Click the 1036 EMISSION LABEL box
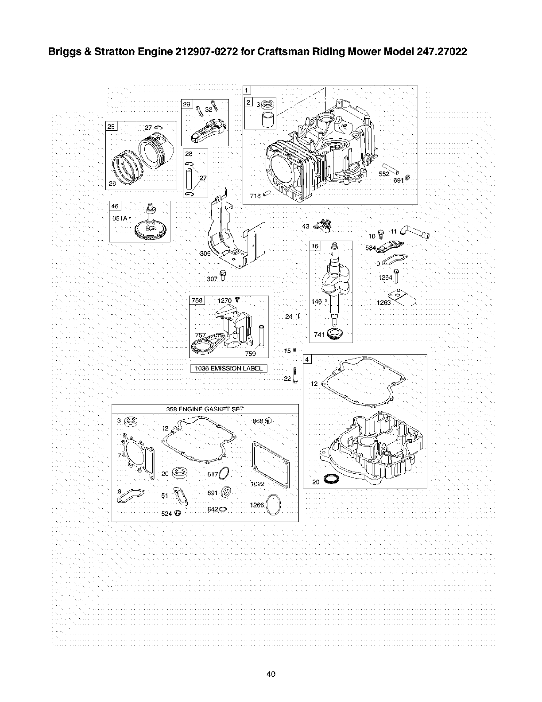click(228, 368)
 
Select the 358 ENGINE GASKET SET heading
click(205, 409)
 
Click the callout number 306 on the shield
click(205, 253)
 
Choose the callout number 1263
click(383, 303)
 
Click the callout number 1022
click(257, 484)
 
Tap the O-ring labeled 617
click(225, 474)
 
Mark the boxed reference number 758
click(197, 300)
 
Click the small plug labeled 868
click(267, 421)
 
